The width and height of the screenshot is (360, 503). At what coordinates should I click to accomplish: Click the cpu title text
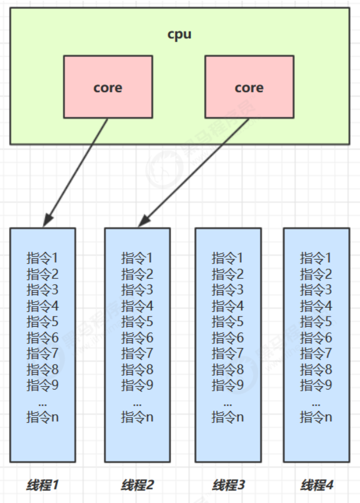(179, 35)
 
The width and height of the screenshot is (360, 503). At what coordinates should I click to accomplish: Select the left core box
(108, 87)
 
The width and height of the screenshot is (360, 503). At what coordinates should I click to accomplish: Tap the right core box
(249, 87)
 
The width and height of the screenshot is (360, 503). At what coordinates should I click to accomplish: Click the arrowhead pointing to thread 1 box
(47, 221)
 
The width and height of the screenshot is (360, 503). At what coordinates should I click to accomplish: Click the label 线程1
(43, 485)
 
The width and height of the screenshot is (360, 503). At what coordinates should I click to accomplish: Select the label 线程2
(137, 485)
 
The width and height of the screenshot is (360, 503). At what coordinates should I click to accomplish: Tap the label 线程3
(229, 485)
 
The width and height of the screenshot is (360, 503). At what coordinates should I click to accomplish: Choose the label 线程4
(317, 485)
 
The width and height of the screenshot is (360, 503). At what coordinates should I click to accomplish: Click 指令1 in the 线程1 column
(43, 258)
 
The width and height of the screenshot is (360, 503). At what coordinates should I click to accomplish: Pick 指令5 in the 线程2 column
(137, 322)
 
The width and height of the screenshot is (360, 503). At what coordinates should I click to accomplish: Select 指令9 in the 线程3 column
(228, 385)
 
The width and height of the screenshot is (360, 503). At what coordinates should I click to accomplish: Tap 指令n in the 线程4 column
(316, 417)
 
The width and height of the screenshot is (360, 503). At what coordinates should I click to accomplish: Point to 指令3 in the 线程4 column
(316, 290)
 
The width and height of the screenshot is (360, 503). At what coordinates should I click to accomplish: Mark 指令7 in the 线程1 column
(43, 354)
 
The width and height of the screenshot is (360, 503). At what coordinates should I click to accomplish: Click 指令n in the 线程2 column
(137, 417)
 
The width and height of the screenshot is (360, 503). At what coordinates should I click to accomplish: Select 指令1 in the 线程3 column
(228, 258)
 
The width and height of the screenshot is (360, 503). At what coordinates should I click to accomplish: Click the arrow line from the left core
(78, 168)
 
